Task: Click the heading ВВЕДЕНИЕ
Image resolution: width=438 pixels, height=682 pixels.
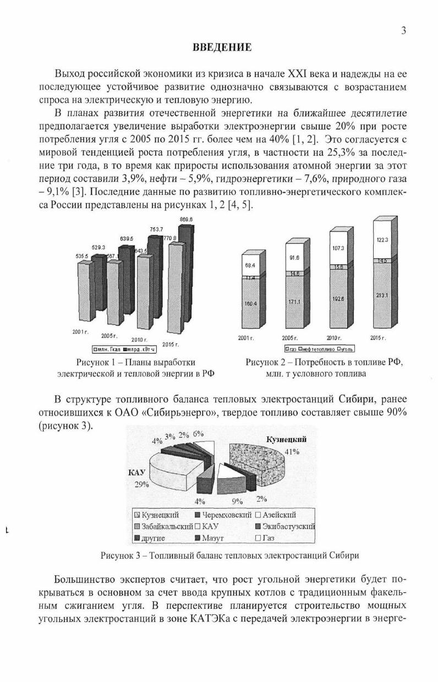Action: [222, 48]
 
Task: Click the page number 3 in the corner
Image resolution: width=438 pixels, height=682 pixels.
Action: [403, 31]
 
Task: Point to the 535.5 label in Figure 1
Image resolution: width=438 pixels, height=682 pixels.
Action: [82, 257]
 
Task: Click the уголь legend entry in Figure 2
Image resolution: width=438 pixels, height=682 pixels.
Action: [346, 349]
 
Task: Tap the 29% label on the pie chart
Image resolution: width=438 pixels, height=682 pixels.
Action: [142, 484]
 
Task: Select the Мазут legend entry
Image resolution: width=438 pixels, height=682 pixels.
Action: [211, 537]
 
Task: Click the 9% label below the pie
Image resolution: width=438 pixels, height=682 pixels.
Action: [237, 501]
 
